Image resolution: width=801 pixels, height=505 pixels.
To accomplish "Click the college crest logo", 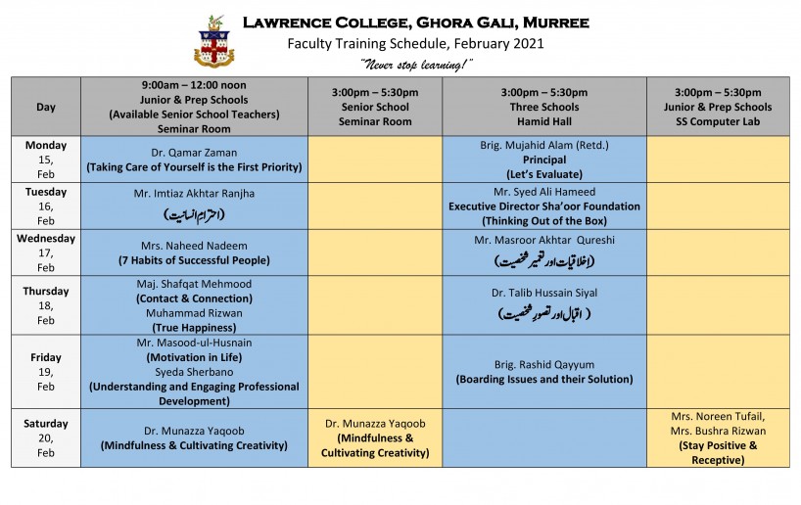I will point(214,40).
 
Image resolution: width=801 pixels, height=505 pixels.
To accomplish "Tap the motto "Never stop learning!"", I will point(415,64).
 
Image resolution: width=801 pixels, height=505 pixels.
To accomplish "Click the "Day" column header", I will point(46,107).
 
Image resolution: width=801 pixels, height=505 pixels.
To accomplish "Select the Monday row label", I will point(46,145).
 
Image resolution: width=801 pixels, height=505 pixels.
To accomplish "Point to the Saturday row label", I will point(46,424).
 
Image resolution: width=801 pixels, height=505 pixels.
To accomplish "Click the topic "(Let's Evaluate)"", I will point(544,173).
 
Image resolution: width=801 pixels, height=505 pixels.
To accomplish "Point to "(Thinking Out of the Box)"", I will point(544,220).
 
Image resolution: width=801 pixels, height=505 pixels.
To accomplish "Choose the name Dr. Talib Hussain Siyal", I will point(544,293).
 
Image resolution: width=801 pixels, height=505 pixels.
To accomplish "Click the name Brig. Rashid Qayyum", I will point(544,364).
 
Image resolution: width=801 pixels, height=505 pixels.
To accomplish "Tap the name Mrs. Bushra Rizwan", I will point(718,431).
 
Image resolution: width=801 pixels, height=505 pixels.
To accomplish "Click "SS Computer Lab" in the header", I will point(718,121).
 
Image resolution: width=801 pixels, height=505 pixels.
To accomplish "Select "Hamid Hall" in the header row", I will point(544,121).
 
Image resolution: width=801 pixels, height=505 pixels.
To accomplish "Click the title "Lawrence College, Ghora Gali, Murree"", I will point(415,22).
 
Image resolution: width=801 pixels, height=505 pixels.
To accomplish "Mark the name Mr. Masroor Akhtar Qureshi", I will point(544,240).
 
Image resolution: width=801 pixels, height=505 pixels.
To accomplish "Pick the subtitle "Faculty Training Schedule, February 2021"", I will point(415,43).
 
